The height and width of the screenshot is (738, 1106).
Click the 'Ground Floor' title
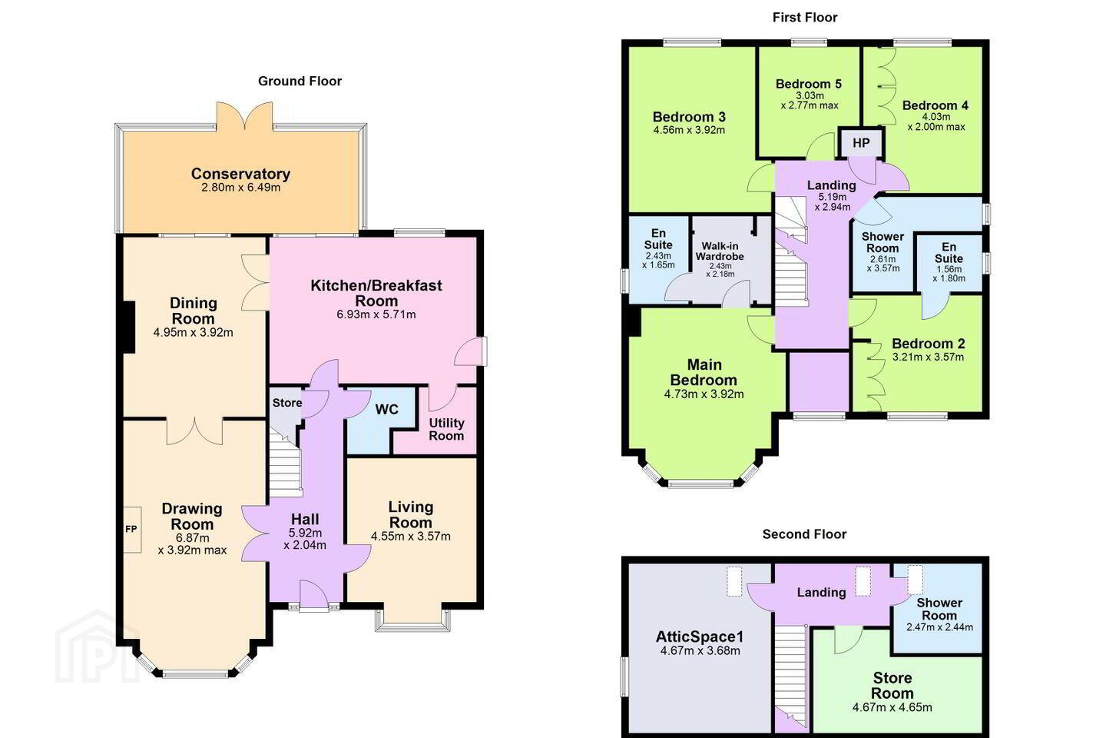[300, 81]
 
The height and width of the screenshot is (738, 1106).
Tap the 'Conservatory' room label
[240, 174]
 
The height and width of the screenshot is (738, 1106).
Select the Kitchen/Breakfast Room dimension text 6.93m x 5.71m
[376, 314]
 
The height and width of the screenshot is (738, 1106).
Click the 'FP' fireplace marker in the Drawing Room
[131, 529]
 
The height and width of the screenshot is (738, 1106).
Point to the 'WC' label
[386, 409]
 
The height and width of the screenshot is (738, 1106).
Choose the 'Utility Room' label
[446, 429]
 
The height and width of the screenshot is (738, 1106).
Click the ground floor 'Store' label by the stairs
[287, 403]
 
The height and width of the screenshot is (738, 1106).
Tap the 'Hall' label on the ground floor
[305, 519]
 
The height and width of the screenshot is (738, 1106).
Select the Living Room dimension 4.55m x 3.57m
[410, 537]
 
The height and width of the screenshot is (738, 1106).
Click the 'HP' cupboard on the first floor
[861, 143]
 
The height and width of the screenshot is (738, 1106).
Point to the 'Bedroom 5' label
[808, 84]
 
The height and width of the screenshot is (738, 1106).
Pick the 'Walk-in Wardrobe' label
[720, 251]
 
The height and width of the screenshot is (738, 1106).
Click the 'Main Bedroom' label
[704, 372]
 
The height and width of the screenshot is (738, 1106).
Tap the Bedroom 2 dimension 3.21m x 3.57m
[928, 357]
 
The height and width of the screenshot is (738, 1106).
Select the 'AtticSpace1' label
[700, 637]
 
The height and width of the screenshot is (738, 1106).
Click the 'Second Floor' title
[804, 534]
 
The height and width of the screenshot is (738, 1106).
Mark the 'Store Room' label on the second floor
[892, 685]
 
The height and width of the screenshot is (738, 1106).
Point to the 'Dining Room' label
[193, 311]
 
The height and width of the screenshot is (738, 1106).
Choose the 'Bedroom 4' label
[935, 105]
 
